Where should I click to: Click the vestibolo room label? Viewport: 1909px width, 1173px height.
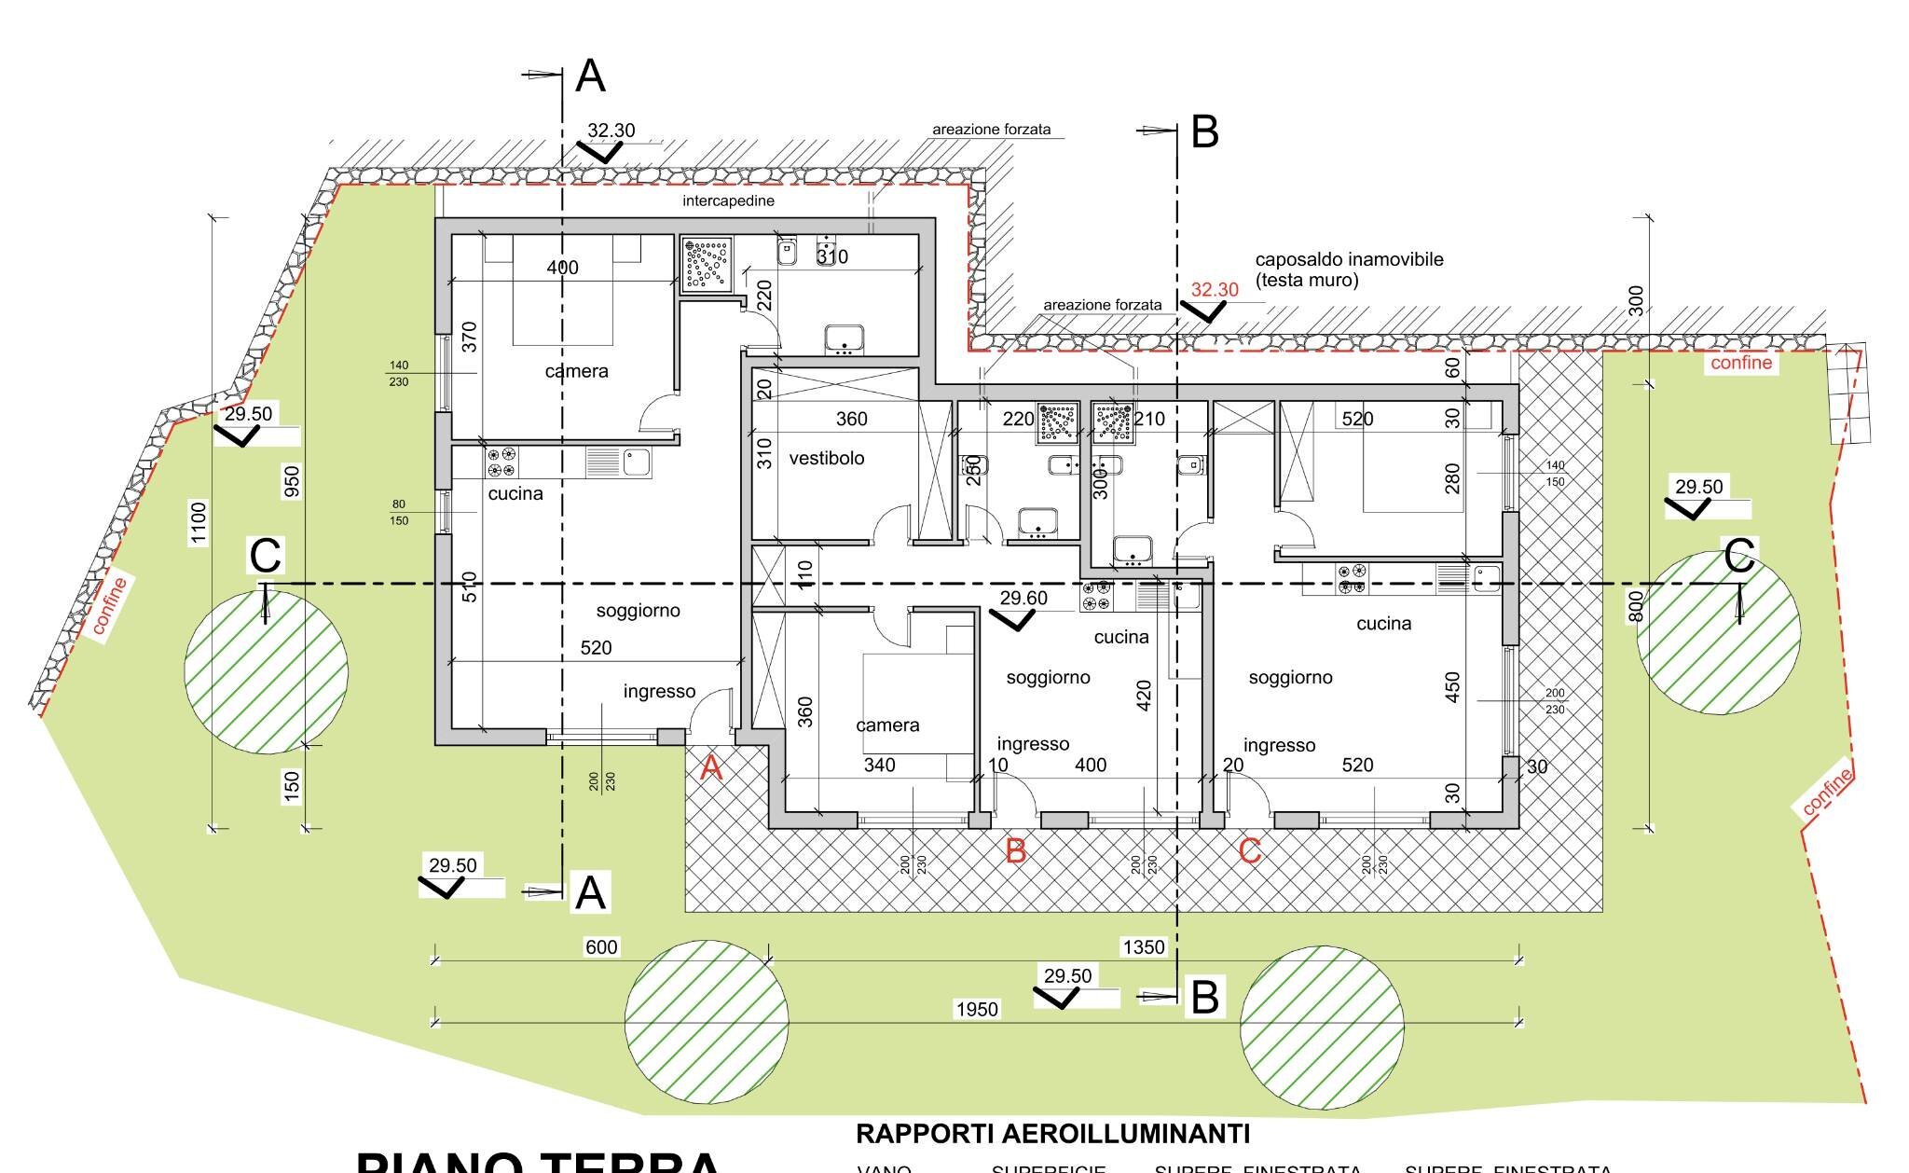pos(826,458)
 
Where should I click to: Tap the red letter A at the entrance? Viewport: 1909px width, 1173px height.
pos(710,768)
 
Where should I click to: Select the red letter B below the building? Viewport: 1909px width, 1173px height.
pos(1016,850)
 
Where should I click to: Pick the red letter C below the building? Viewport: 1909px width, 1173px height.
pos(1249,850)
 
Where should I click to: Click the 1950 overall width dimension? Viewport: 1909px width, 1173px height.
pos(976,1009)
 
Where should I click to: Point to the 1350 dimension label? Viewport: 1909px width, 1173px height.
pos(1143,947)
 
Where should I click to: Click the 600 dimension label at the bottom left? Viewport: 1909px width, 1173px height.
pos(600,947)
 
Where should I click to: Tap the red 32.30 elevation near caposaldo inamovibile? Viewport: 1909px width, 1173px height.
pos(1215,290)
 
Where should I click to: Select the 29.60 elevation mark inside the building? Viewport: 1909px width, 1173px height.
pos(1023,599)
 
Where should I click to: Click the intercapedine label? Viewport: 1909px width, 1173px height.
pos(728,200)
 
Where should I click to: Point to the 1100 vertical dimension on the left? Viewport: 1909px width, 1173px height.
pos(198,522)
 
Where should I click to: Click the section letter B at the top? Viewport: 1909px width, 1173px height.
pos(1204,132)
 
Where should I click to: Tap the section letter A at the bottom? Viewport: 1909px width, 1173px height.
pos(590,892)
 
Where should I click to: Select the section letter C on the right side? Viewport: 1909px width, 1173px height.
pos(1739,557)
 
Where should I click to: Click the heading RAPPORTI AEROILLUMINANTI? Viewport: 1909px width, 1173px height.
pos(1051,1134)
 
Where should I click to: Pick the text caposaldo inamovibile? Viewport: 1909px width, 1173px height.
pos(1349,259)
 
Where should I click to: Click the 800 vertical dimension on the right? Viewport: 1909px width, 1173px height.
pos(1636,607)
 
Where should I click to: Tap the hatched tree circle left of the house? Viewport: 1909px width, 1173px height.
pos(266,669)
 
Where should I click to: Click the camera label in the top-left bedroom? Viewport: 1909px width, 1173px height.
pos(576,371)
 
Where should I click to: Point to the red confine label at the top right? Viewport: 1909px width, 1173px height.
pos(1740,363)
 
